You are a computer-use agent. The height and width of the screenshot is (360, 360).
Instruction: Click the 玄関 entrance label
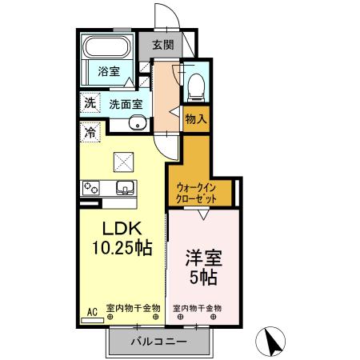point(162,45)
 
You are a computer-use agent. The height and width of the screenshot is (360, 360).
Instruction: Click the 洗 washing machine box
point(90,102)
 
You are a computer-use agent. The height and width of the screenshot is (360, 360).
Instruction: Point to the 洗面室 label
point(126,103)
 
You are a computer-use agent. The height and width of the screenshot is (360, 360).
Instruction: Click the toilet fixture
point(195,84)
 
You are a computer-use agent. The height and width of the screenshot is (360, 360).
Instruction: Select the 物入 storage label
point(195,118)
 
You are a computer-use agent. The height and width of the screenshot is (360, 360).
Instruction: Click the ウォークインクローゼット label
point(199,192)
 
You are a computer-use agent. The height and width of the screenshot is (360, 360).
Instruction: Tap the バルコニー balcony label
point(159,342)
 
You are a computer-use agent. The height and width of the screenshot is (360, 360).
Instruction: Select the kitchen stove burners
point(89,189)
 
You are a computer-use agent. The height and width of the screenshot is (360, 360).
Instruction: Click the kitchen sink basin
point(126,188)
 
